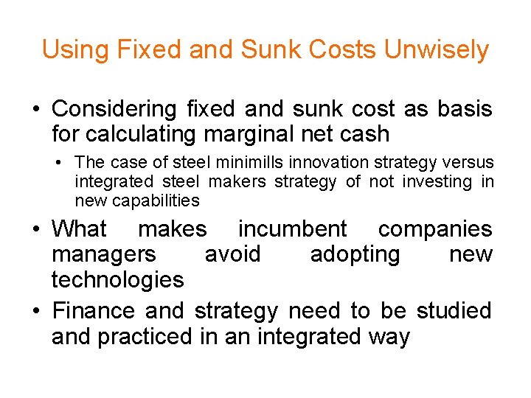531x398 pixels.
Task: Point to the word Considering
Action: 114,109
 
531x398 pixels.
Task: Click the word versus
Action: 471,161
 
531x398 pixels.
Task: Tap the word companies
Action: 434,228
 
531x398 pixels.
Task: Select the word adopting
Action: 355,254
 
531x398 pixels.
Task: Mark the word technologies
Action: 117,279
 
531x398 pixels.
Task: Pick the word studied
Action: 454,311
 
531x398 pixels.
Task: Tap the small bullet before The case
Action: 63,162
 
